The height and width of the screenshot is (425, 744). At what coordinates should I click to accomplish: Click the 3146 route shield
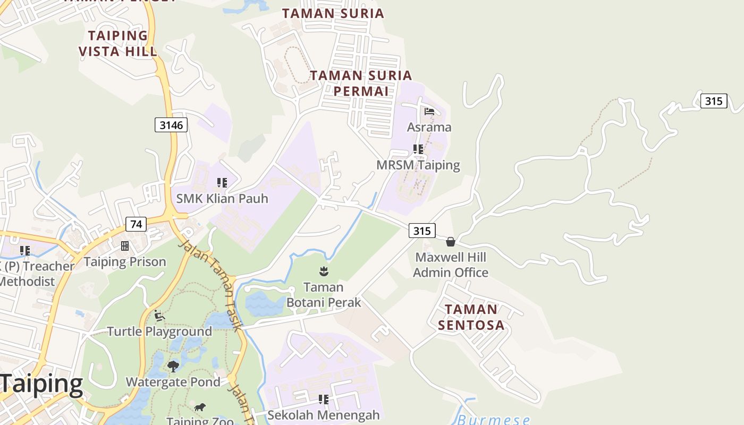click(171, 125)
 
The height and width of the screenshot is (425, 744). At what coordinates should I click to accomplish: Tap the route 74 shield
click(136, 224)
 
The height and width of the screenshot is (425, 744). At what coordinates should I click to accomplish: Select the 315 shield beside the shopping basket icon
click(422, 231)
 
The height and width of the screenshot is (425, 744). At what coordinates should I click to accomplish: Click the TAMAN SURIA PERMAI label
click(361, 83)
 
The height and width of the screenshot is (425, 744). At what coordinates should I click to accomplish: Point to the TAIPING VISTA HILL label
click(118, 44)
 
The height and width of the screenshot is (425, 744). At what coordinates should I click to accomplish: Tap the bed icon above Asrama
click(429, 112)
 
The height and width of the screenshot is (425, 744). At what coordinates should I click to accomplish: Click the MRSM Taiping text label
click(418, 165)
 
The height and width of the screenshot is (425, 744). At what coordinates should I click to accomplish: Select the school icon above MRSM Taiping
click(418, 149)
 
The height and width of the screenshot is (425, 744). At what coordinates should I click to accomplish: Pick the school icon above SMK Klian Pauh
click(222, 183)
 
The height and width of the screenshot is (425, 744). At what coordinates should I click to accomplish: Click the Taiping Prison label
click(125, 262)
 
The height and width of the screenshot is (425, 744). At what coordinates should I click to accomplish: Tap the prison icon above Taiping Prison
click(125, 246)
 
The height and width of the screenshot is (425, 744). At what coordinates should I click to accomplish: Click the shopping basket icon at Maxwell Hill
click(451, 242)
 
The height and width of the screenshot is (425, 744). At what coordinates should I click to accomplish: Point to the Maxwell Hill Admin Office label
click(451, 265)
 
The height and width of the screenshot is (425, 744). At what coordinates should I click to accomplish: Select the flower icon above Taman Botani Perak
click(323, 271)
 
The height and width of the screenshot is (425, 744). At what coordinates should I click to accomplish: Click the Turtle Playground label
click(159, 331)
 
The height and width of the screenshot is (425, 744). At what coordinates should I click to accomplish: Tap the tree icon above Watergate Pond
click(173, 366)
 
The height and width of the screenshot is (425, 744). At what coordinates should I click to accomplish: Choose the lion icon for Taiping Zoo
click(200, 407)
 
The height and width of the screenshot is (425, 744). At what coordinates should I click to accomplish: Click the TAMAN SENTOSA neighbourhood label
click(471, 317)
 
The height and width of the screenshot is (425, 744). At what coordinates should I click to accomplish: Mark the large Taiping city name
click(41, 384)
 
